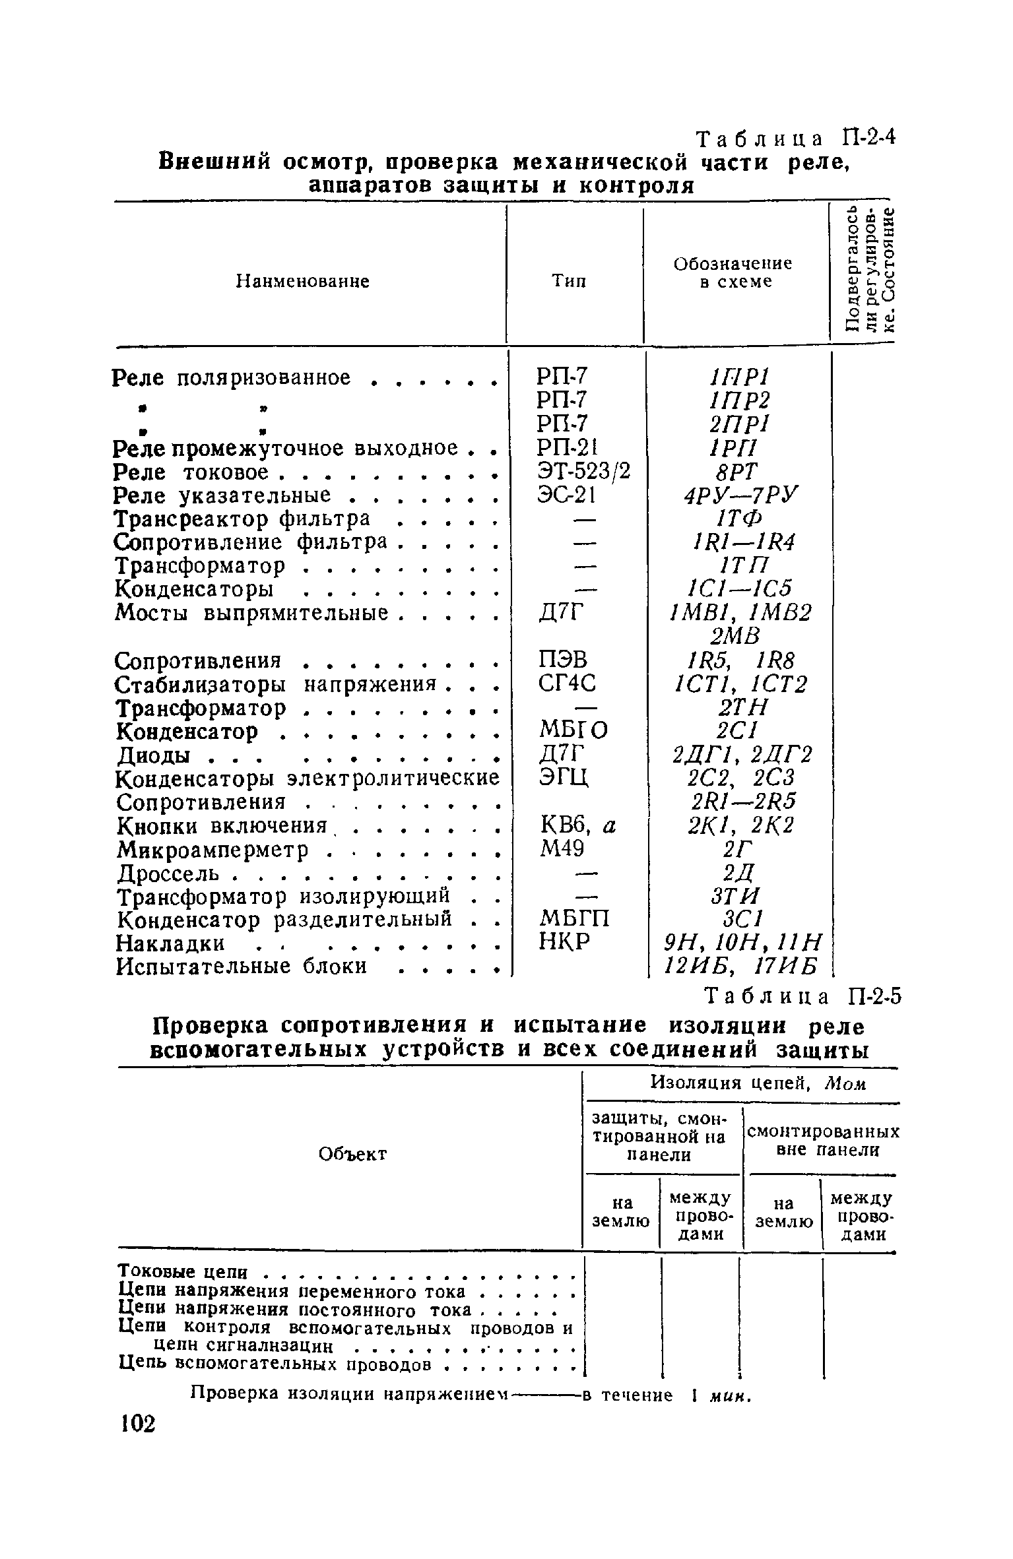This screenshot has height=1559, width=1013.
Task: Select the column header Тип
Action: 569,282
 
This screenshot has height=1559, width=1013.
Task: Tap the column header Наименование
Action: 303,282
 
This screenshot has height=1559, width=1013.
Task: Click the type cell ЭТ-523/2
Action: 574,472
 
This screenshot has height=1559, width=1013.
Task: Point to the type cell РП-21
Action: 558,448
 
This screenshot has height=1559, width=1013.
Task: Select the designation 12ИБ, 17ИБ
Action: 742,967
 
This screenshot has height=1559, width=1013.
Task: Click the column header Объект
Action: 352,1154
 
